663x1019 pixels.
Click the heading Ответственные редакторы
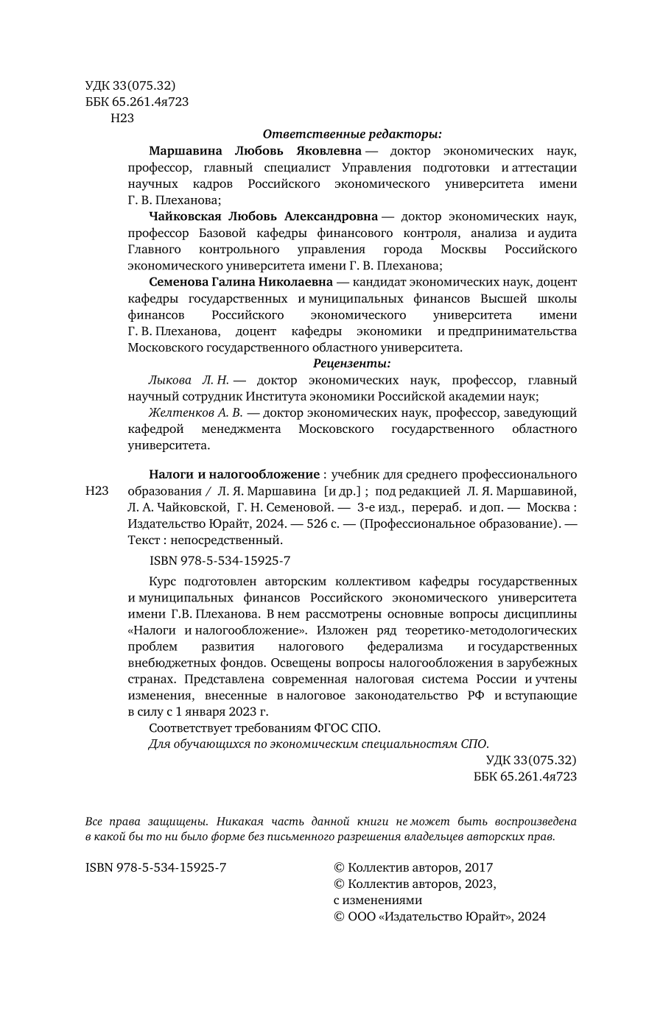[x=352, y=134]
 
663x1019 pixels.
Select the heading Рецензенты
[x=352, y=363]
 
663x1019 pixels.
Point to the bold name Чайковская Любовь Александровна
[x=263, y=216]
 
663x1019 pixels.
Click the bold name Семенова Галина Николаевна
[x=239, y=282]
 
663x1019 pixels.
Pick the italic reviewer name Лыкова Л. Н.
[x=189, y=380]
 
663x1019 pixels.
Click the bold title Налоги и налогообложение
[x=234, y=474]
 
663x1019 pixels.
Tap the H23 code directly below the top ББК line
[x=122, y=118]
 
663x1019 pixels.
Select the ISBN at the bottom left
[x=156, y=868]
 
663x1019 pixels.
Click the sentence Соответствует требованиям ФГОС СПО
[x=264, y=727]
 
